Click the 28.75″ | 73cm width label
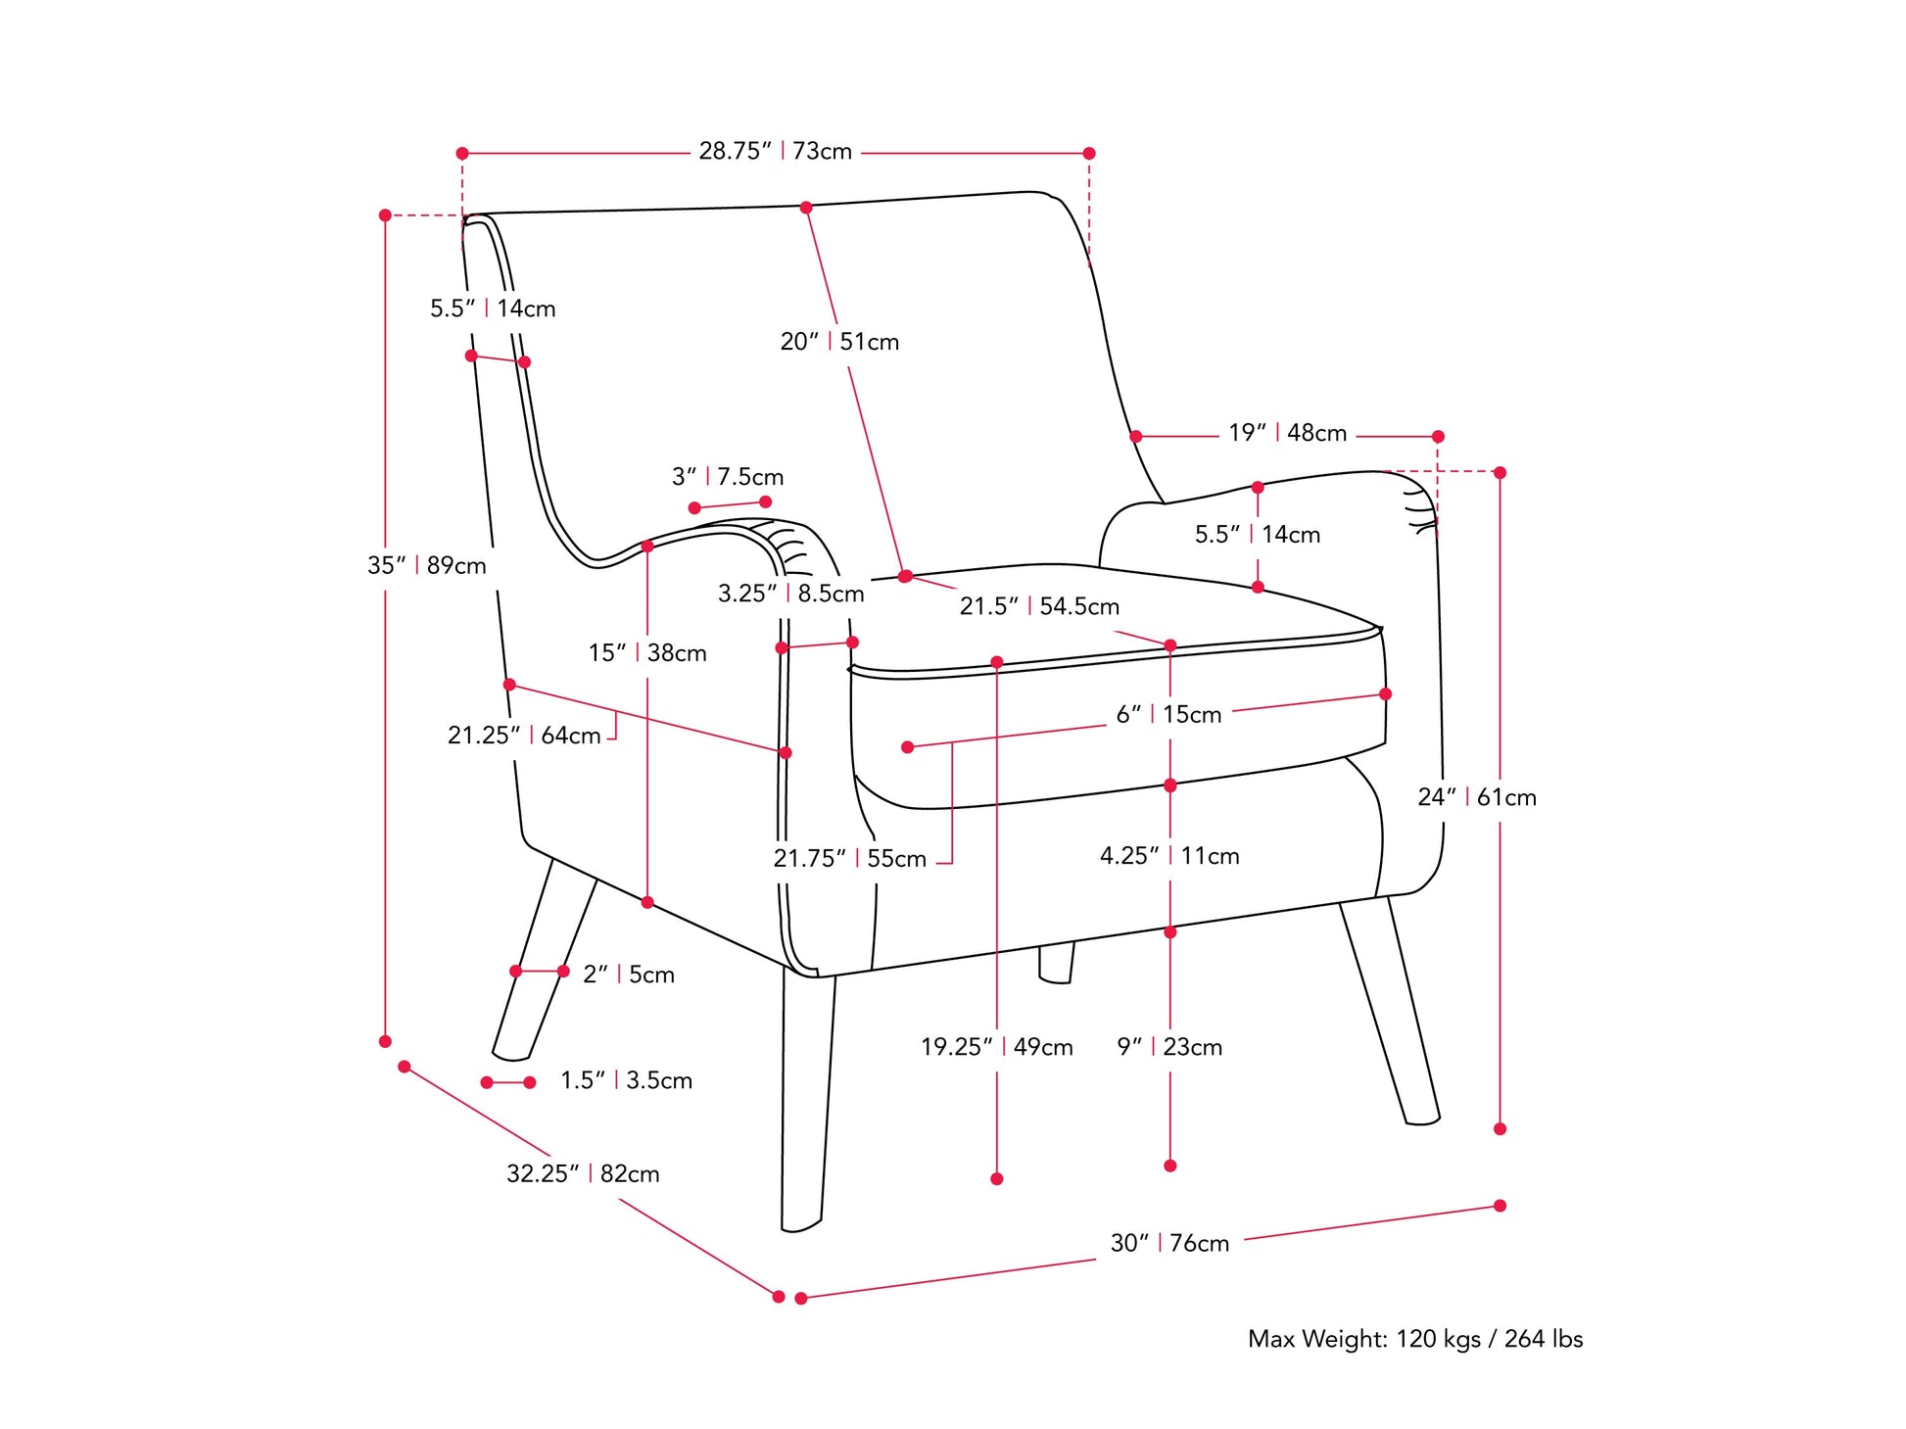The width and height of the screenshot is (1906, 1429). (x=775, y=152)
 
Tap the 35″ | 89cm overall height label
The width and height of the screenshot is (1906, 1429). (x=426, y=565)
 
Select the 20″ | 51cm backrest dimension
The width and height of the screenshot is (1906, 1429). (x=838, y=342)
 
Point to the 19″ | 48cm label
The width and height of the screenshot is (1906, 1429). (x=1287, y=433)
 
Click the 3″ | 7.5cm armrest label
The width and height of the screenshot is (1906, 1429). (x=727, y=477)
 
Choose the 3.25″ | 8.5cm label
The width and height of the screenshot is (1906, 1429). (x=790, y=594)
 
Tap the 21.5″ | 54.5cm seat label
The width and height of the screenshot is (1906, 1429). (x=1038, y=606)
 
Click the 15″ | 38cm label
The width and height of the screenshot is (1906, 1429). (x=646, y=653)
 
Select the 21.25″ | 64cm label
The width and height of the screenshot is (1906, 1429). (x=524, y=736)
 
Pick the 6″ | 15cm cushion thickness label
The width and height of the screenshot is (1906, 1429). (x=1168, y=715)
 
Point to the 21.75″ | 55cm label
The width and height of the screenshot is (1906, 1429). (x=849, y=859)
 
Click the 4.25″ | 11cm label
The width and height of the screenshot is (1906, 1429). (x=1168, y=856)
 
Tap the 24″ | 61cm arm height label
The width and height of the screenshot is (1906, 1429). (x=1476, y=797)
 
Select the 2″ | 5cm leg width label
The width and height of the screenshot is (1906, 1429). (x=628, y=975)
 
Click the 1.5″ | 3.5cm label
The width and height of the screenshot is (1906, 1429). (x=625, y=1080)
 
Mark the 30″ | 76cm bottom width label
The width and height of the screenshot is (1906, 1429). (x=1168, y=1243)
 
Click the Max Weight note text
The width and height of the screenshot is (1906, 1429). (x=1414, y=1339)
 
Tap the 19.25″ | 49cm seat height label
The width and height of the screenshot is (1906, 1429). (x=996, y=1047)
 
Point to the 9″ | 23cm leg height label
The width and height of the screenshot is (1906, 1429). (x=1168, y=1047)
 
